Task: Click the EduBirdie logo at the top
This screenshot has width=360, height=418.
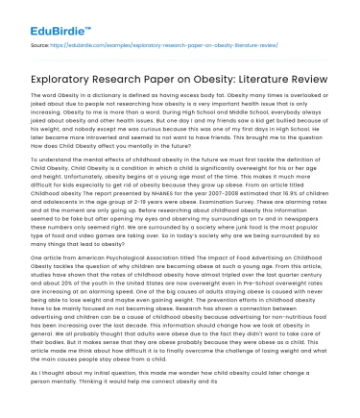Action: [41, 16]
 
